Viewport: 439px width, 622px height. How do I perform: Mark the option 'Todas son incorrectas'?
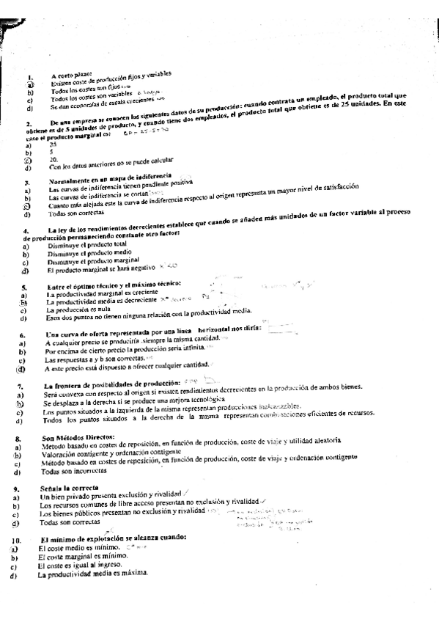click(73, 472)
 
